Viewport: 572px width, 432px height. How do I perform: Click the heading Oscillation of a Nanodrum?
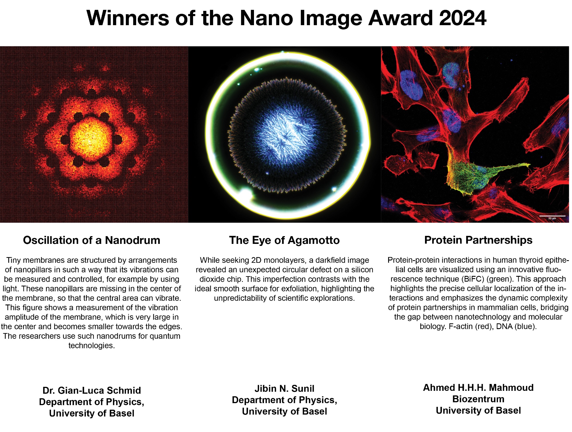coord(92,240)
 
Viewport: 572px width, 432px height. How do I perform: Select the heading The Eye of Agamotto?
coord(284,240)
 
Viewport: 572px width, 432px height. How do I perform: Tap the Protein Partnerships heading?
coord(478,240)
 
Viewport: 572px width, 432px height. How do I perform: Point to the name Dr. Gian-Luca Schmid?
coord(92,390)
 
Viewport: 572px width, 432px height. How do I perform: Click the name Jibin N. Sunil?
coord(284,389)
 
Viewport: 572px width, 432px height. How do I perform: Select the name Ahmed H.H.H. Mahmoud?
coord(478,388)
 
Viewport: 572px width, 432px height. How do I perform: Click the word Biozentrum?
coord(478,399)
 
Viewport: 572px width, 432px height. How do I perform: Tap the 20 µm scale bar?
coord(552,216)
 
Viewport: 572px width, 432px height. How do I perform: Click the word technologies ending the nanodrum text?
coord(92,346)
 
